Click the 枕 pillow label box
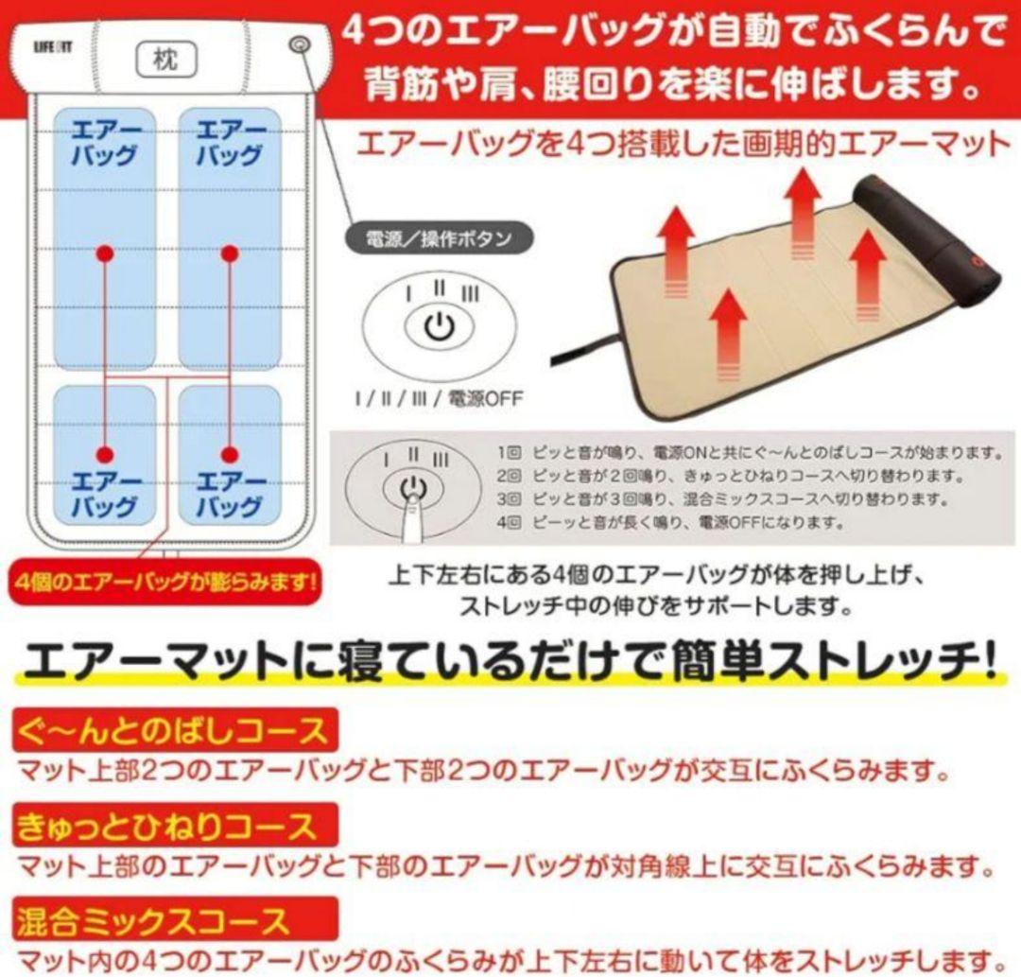pos(165,60)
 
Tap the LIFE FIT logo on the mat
pos(53,47)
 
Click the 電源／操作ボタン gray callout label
pos(439,239)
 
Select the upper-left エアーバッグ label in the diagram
pos(105,144)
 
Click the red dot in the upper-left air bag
pos(105,253)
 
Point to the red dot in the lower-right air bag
pos(229,455)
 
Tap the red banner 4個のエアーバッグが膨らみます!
pos(165,581)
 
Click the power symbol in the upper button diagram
pos(440,325)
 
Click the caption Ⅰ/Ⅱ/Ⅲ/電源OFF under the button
pos(439,398)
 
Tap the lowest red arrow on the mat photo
pos(728,336)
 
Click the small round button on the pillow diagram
pos(299,45)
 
